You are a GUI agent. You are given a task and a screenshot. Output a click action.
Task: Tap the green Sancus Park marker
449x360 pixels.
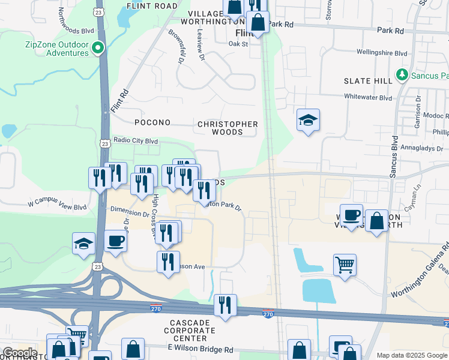[x=402, y=76]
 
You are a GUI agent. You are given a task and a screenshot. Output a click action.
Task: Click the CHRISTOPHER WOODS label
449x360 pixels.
[x=228, y=128]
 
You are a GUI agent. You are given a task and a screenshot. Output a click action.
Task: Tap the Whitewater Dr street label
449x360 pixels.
[x=369, y=96]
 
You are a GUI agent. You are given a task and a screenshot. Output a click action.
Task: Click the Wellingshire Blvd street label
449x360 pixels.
[x=382, y=53]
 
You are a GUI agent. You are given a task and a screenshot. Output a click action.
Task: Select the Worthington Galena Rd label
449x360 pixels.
[x=420, y=269]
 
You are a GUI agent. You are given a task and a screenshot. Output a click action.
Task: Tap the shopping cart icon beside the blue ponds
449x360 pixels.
[x=345, y=263]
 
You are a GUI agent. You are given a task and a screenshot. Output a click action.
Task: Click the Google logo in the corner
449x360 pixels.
[x=20, y=352]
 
